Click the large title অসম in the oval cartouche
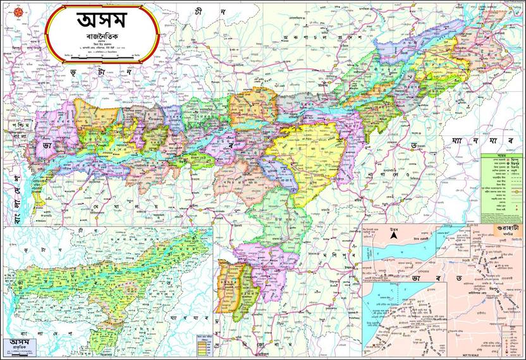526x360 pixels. coord(101,21)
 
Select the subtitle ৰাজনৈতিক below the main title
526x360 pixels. coord(101,39)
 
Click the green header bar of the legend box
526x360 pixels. coord(503,154)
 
